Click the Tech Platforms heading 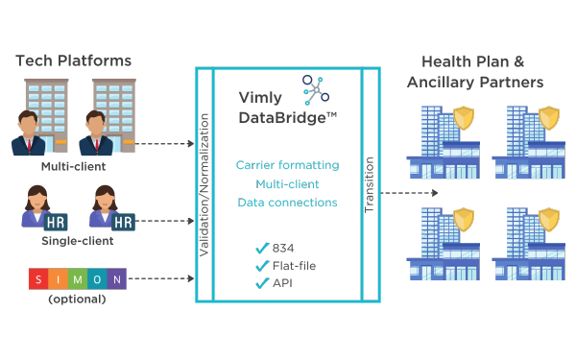73,61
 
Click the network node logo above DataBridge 316,88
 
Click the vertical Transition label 370,183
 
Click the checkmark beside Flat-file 261,266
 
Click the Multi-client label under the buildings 73,166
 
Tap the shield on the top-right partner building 549,118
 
